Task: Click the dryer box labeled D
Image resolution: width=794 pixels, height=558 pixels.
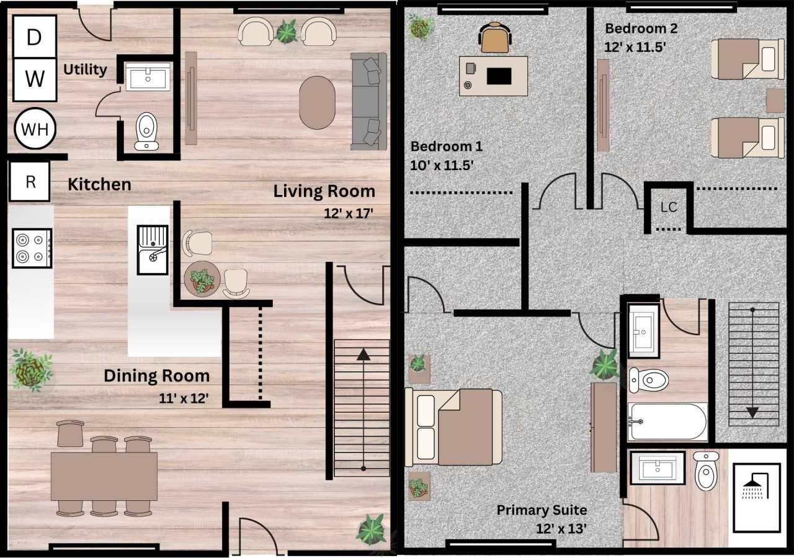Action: click(35, 37)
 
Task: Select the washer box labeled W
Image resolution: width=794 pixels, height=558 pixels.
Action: click(35, 79)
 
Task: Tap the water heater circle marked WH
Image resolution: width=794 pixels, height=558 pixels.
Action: click(35, 130)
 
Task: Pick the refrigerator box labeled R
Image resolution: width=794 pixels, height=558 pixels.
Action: click(29, 182)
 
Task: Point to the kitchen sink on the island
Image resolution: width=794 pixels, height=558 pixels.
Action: click(153, 250)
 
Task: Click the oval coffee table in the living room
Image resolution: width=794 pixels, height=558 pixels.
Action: click(317, 102)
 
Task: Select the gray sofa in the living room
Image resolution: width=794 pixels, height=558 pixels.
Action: click(368, 101)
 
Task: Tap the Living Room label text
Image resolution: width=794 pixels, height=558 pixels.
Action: click(324, 191)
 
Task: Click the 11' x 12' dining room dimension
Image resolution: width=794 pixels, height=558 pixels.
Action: click(183, 397)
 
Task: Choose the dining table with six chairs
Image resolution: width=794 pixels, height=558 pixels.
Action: click(104, 476)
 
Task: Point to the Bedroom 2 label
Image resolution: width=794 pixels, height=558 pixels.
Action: click(641, 29)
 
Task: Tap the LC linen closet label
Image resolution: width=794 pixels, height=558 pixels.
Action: click(669, 207)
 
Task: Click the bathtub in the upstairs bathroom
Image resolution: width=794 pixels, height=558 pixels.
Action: click(667, 421)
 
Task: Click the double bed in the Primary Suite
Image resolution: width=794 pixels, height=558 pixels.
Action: click(453, 427)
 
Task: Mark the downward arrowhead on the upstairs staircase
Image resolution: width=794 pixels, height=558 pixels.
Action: click(752, 412)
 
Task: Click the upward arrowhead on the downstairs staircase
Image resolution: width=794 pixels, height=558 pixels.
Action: click(364, 355)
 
